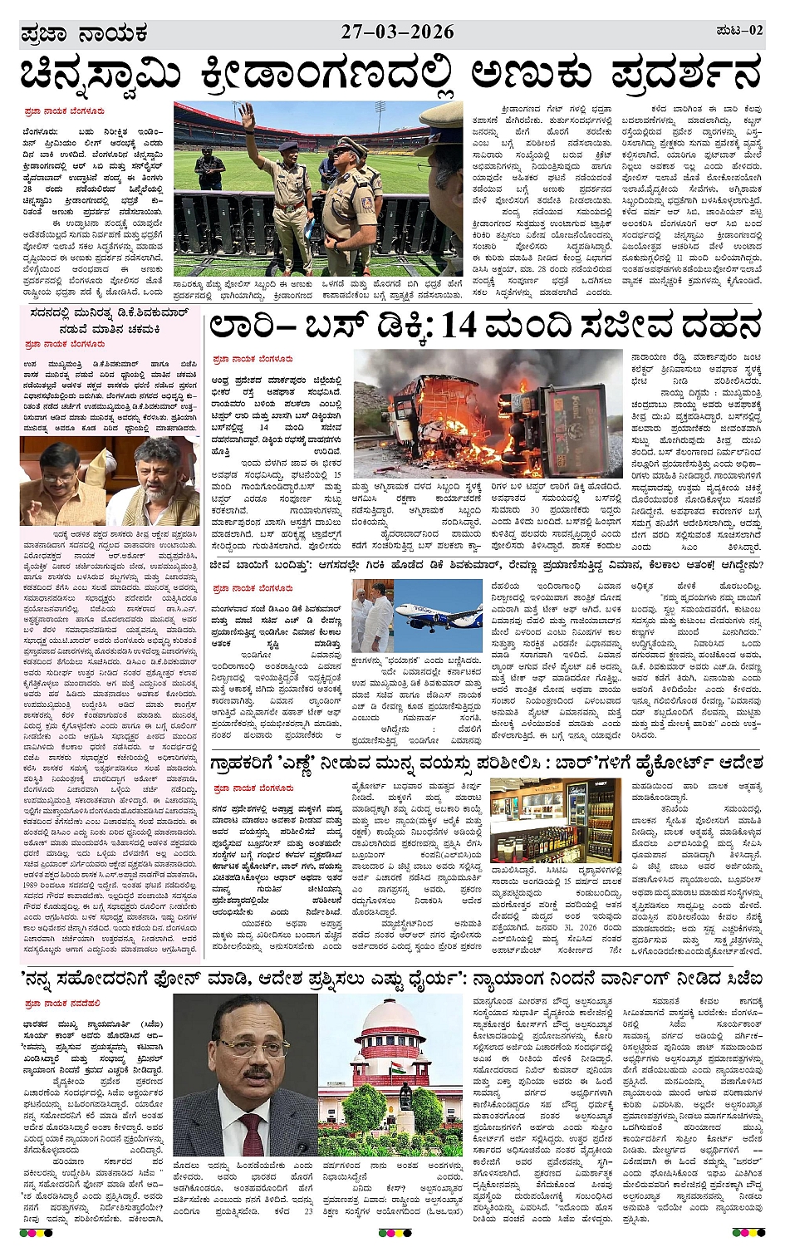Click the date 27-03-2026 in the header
click(397, 32)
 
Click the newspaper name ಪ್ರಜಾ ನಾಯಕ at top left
click(83, 34)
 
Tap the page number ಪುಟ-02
click(738, 31)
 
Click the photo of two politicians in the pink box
click(110, 483)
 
